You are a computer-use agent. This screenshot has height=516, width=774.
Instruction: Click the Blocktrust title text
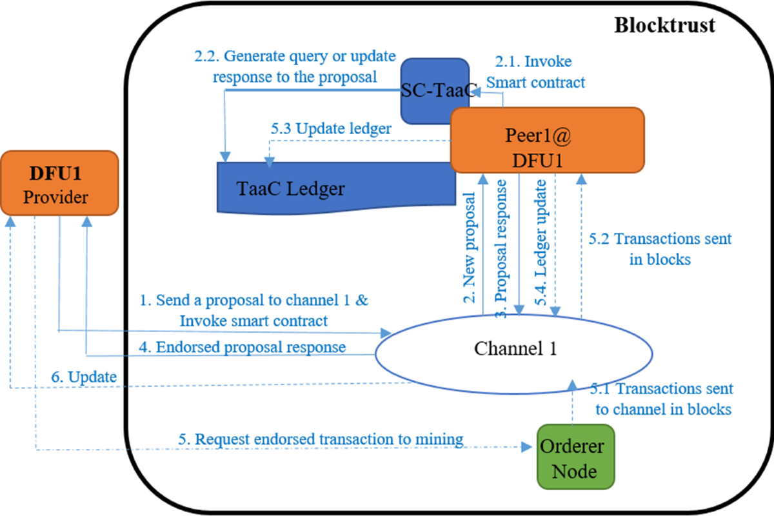(x=664, y=25)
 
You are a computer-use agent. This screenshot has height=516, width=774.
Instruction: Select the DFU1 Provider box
(x=59, y=183)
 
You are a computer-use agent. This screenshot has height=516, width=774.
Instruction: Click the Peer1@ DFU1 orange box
(x=547, y=140)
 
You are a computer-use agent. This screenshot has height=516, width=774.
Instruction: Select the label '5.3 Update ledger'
(x=331, y=128)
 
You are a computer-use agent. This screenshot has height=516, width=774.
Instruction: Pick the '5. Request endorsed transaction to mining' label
(x=321, y=439)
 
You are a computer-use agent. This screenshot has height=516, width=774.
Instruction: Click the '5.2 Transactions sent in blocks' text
(x=660, y=248)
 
